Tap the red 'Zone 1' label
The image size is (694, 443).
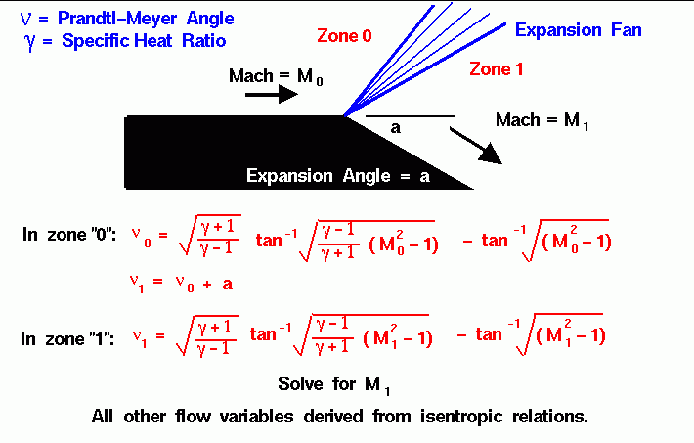[x=498, y=68]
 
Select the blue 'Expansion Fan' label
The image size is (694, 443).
[x=578, y=30]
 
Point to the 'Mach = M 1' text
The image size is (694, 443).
[x=542, y=120]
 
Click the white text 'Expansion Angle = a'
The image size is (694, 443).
[x=337, y=176]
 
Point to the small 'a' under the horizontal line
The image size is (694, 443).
[x=395, y=128]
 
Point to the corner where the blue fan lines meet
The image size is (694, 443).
[x=344, y=116]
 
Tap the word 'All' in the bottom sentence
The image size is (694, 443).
[x=102, y=415]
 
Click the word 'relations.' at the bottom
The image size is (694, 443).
[x=549, y=415]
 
